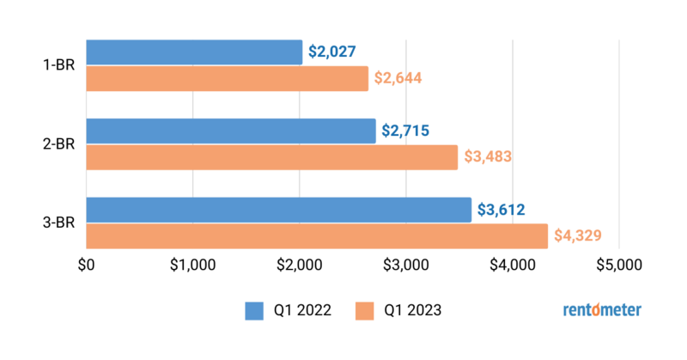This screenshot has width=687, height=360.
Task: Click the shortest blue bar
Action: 194,52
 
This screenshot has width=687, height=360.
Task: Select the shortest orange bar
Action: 227,78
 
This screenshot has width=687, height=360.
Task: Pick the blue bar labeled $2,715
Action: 231,131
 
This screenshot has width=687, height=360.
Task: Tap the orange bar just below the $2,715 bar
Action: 272,157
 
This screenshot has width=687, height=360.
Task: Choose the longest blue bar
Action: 279,210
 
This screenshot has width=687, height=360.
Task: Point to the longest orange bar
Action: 317,236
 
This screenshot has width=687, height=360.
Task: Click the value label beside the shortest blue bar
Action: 331,52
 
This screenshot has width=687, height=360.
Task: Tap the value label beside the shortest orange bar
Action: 398,78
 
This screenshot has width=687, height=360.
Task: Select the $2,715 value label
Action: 405,131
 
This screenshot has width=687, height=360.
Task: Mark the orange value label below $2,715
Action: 487,157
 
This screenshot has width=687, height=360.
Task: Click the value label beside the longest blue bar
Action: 501,210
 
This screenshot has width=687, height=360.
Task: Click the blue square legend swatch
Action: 254,311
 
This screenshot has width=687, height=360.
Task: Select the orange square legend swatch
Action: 365,311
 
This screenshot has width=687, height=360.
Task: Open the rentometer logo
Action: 601,310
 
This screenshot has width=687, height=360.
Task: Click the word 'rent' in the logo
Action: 577,311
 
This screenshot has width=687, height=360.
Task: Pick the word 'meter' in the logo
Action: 622,311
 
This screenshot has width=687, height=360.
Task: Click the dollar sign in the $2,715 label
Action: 386,131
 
